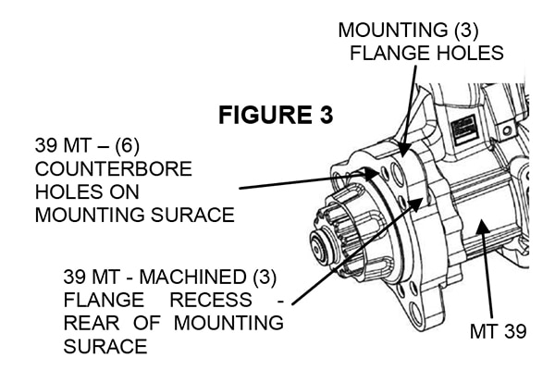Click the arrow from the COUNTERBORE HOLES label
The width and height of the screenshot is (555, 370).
(305, 180)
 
